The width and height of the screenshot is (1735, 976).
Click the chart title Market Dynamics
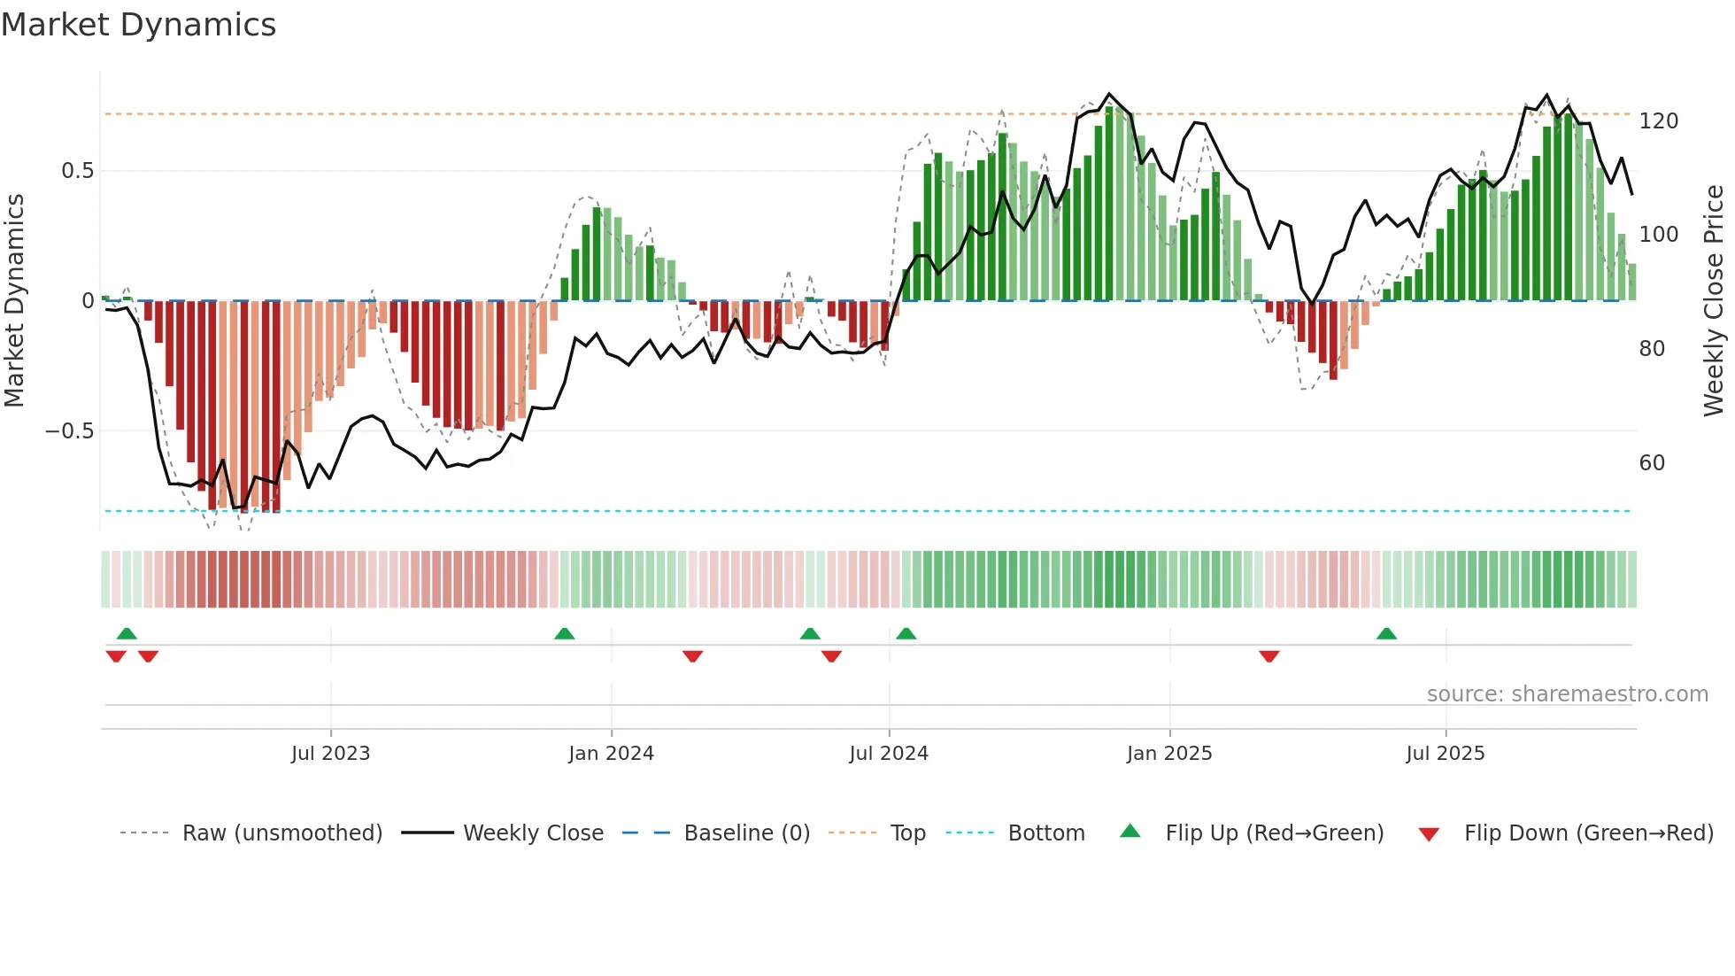(138, 25)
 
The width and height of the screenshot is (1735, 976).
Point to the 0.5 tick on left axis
(77, 171)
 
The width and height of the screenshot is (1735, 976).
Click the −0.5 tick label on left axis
(69, 431)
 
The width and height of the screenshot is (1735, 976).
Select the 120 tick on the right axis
(1658, 121)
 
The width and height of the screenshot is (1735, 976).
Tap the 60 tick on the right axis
(1652, 463)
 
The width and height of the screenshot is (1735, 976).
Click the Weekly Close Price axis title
(1714, 301)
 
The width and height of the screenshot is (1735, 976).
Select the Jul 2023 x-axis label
(330, 754)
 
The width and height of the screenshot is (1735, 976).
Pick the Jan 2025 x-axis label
(1168, 754)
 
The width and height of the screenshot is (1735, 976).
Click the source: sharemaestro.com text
(1567, 694)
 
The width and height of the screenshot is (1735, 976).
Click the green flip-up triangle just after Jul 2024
(906, 634)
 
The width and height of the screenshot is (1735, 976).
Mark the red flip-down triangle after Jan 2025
(1268, 656)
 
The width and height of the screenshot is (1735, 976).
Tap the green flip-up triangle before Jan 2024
(564, 634)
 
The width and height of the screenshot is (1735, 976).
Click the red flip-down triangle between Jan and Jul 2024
(692, 656)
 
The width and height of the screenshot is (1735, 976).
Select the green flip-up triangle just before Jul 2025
(1386, 634)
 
